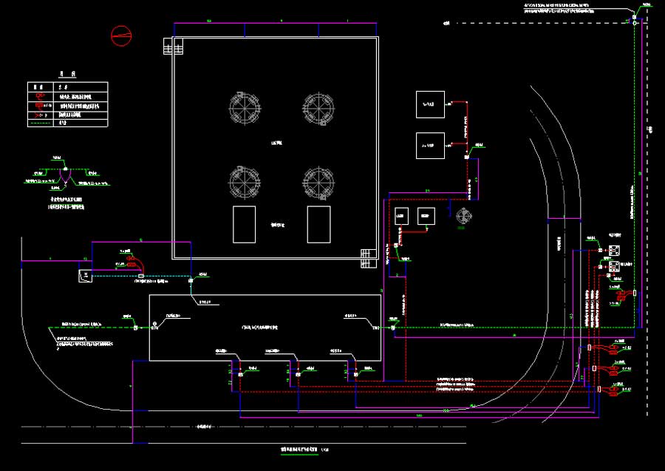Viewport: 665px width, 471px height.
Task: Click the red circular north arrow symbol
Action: click(x=121, y=34)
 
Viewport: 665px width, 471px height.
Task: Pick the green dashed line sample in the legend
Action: click(x=40, y=124)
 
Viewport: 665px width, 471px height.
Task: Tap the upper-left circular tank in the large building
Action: click(x=245, y=107)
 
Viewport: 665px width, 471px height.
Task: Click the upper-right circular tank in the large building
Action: click(x=318, y=107)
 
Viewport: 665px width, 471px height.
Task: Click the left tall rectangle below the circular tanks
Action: click(x=244, y=224)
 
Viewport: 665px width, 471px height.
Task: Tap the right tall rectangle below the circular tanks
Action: click(x=318, y=224)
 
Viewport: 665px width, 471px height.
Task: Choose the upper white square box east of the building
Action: click(x=430, y=105)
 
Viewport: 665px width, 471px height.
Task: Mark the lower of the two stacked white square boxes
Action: click(x=430, y=146)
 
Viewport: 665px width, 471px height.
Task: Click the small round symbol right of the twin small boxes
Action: click(x=463, y=217)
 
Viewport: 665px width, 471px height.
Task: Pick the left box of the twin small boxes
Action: click(x=401, y=217)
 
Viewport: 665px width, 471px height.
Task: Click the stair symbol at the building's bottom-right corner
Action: click(x=367, y=258)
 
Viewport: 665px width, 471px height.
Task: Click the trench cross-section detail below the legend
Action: click(x=64, y=177)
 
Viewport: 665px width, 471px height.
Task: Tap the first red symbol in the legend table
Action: click(x=41, y=96)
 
